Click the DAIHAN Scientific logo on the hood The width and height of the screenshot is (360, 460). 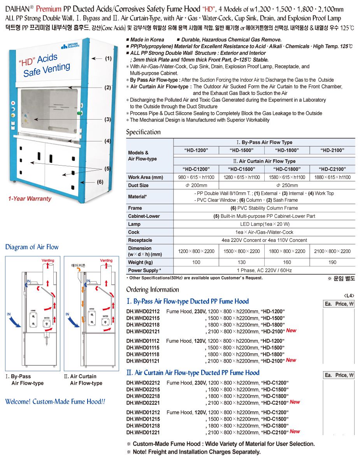pyautogui.click(x=70, y=46)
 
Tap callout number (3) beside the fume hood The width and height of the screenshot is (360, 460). pyautogui.click(x=108, y=120)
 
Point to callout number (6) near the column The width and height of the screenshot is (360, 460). pyautogui.click(x=100, y=182)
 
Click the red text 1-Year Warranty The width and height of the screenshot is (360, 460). pyautogui.click(x=30, y=199)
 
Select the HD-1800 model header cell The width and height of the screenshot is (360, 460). pyautogui.click(x=287, y=150)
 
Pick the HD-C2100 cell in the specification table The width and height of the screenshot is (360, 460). pyautogui.click(x=332, y=169)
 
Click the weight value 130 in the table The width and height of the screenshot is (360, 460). pyautogui.click(x=242, y=262)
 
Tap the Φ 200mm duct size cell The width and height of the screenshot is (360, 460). pyautogui.click(x=197, y=185)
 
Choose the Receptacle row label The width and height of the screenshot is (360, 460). pyautogui.click(x=140, y=240)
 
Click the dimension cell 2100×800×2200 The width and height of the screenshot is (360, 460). pyautogui.click(x=332, y=251)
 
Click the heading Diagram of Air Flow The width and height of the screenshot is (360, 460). pyautogui.click(x=32, y=247)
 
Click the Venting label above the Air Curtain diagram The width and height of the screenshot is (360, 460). pyautogui.click(x=106, y=260)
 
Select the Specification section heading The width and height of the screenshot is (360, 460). pyautogui.click(x=143, y=132)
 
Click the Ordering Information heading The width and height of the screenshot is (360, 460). pyautogui.click(x=153, y=289)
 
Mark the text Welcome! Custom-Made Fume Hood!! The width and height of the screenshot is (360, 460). pyautogui.click(x=55, y=402)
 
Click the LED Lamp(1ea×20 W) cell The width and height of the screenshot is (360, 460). pyautogui.click(x=264, y=224)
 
